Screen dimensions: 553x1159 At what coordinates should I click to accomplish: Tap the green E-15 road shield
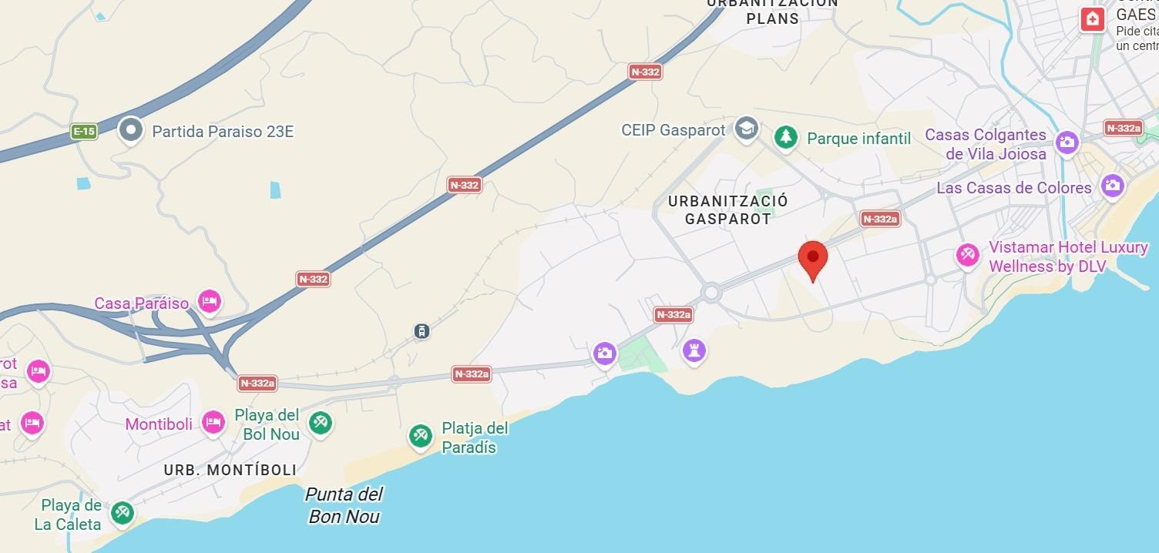coord(84,132)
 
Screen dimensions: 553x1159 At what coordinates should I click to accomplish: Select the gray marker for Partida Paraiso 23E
coord(131,130)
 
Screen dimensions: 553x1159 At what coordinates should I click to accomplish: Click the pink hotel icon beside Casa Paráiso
coord(209,301)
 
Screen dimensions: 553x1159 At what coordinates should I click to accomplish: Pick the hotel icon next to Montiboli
coord(213,422)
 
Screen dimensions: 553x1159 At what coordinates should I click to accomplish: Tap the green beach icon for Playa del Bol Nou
coord(320,422)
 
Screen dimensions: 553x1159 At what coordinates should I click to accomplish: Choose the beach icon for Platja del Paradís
coord(420,436)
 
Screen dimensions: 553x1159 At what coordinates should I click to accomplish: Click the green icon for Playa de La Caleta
coord(122,513)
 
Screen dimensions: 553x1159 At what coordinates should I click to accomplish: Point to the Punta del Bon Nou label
coord(344,505)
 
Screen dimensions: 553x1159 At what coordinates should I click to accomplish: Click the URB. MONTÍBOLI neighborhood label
coord(230,470)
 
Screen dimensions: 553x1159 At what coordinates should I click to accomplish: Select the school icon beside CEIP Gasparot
coord(745,129)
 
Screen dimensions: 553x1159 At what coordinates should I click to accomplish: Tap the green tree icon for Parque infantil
coord(785,138)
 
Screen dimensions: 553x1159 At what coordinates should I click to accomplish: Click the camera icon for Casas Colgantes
coord(1067,141)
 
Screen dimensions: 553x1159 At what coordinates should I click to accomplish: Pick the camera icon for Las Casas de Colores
coord(1112,185)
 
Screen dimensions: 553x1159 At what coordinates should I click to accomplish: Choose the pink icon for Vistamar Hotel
coord(968,255)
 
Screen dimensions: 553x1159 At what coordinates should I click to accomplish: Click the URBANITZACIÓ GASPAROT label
coord(727,209)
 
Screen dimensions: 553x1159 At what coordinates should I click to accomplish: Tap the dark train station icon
coord(421,331)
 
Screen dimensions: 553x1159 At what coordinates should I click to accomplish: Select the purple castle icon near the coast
coord(694,351)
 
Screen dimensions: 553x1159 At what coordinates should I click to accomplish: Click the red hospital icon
coord(1093,19)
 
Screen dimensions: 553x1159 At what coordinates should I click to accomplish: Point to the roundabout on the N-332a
coord(711,293)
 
